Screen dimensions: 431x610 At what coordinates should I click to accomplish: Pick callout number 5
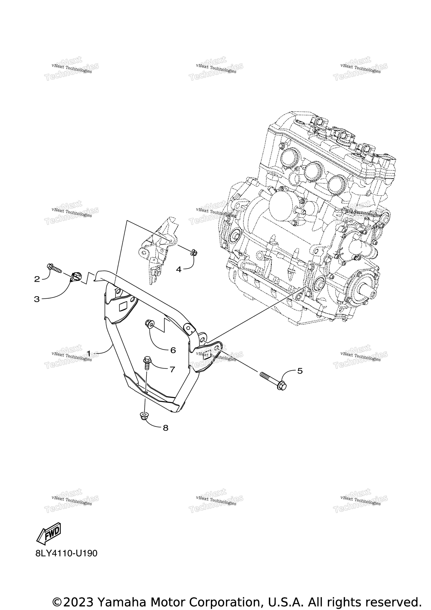(300, 371)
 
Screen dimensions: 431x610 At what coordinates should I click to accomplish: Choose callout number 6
(173, 350)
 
